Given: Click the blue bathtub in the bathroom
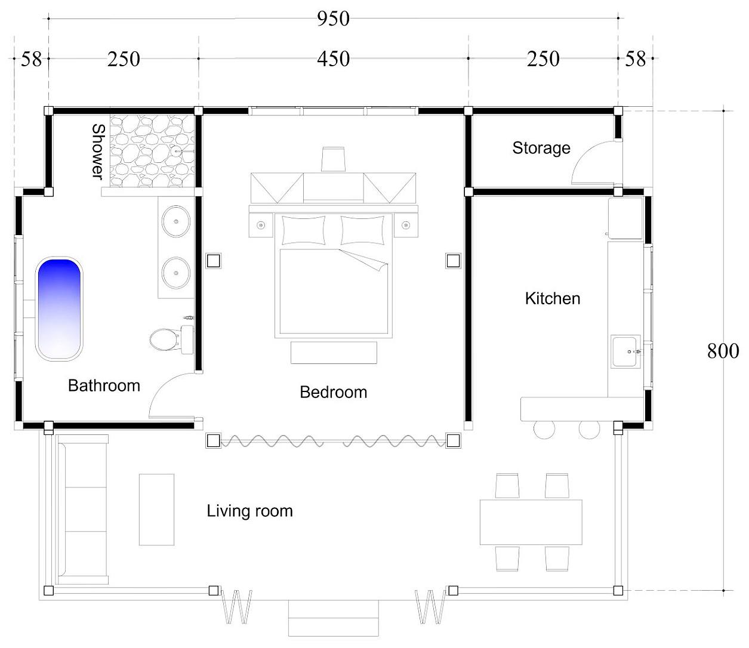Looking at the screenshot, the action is [x=58, y=308].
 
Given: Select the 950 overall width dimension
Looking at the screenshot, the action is [x=333, y=18].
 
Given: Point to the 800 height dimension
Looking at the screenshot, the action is [x=723, y=351].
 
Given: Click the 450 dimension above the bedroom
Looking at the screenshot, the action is [x=333, y=58].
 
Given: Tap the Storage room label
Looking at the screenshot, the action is [x=541, y=148].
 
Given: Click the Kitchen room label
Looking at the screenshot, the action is [x=553, y=298].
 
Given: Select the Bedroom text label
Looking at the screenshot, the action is [x=334, y=392].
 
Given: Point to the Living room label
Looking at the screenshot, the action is [x=249, y=511].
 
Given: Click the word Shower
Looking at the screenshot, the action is [x=98, y=152].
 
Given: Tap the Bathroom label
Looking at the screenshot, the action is [x=104, y=385].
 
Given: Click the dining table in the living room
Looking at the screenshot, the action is [x=531, y=522].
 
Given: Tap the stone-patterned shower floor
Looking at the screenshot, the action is [x=152, y=151].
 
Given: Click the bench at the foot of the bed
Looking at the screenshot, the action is [x=334, y=353].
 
